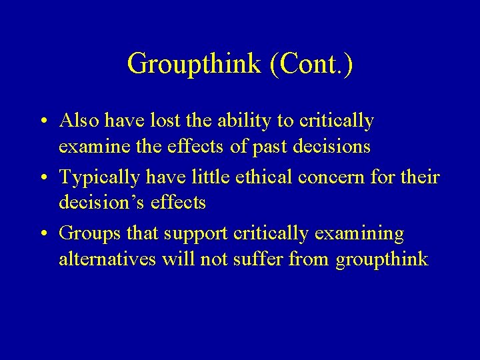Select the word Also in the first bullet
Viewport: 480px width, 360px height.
point(79,121)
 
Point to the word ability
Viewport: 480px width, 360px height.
point(247,121)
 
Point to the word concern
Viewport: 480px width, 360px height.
point(327,177)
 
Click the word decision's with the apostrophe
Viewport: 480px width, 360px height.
point(99,202)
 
